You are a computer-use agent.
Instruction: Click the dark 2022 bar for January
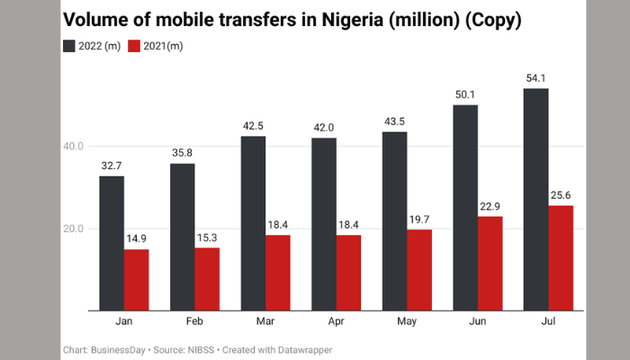111,243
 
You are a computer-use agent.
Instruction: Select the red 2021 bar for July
560,257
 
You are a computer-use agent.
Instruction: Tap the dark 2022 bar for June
465,207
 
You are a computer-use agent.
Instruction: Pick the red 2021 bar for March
277,273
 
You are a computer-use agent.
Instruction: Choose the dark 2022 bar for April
324,224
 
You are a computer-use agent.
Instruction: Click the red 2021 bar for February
206,279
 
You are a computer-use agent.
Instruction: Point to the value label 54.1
536,79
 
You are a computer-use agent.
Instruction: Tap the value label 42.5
253,127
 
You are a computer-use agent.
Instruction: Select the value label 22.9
490,207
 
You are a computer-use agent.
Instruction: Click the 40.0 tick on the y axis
73,147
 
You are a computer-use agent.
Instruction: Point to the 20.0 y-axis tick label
73,229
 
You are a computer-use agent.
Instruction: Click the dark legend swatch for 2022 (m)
70,45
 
